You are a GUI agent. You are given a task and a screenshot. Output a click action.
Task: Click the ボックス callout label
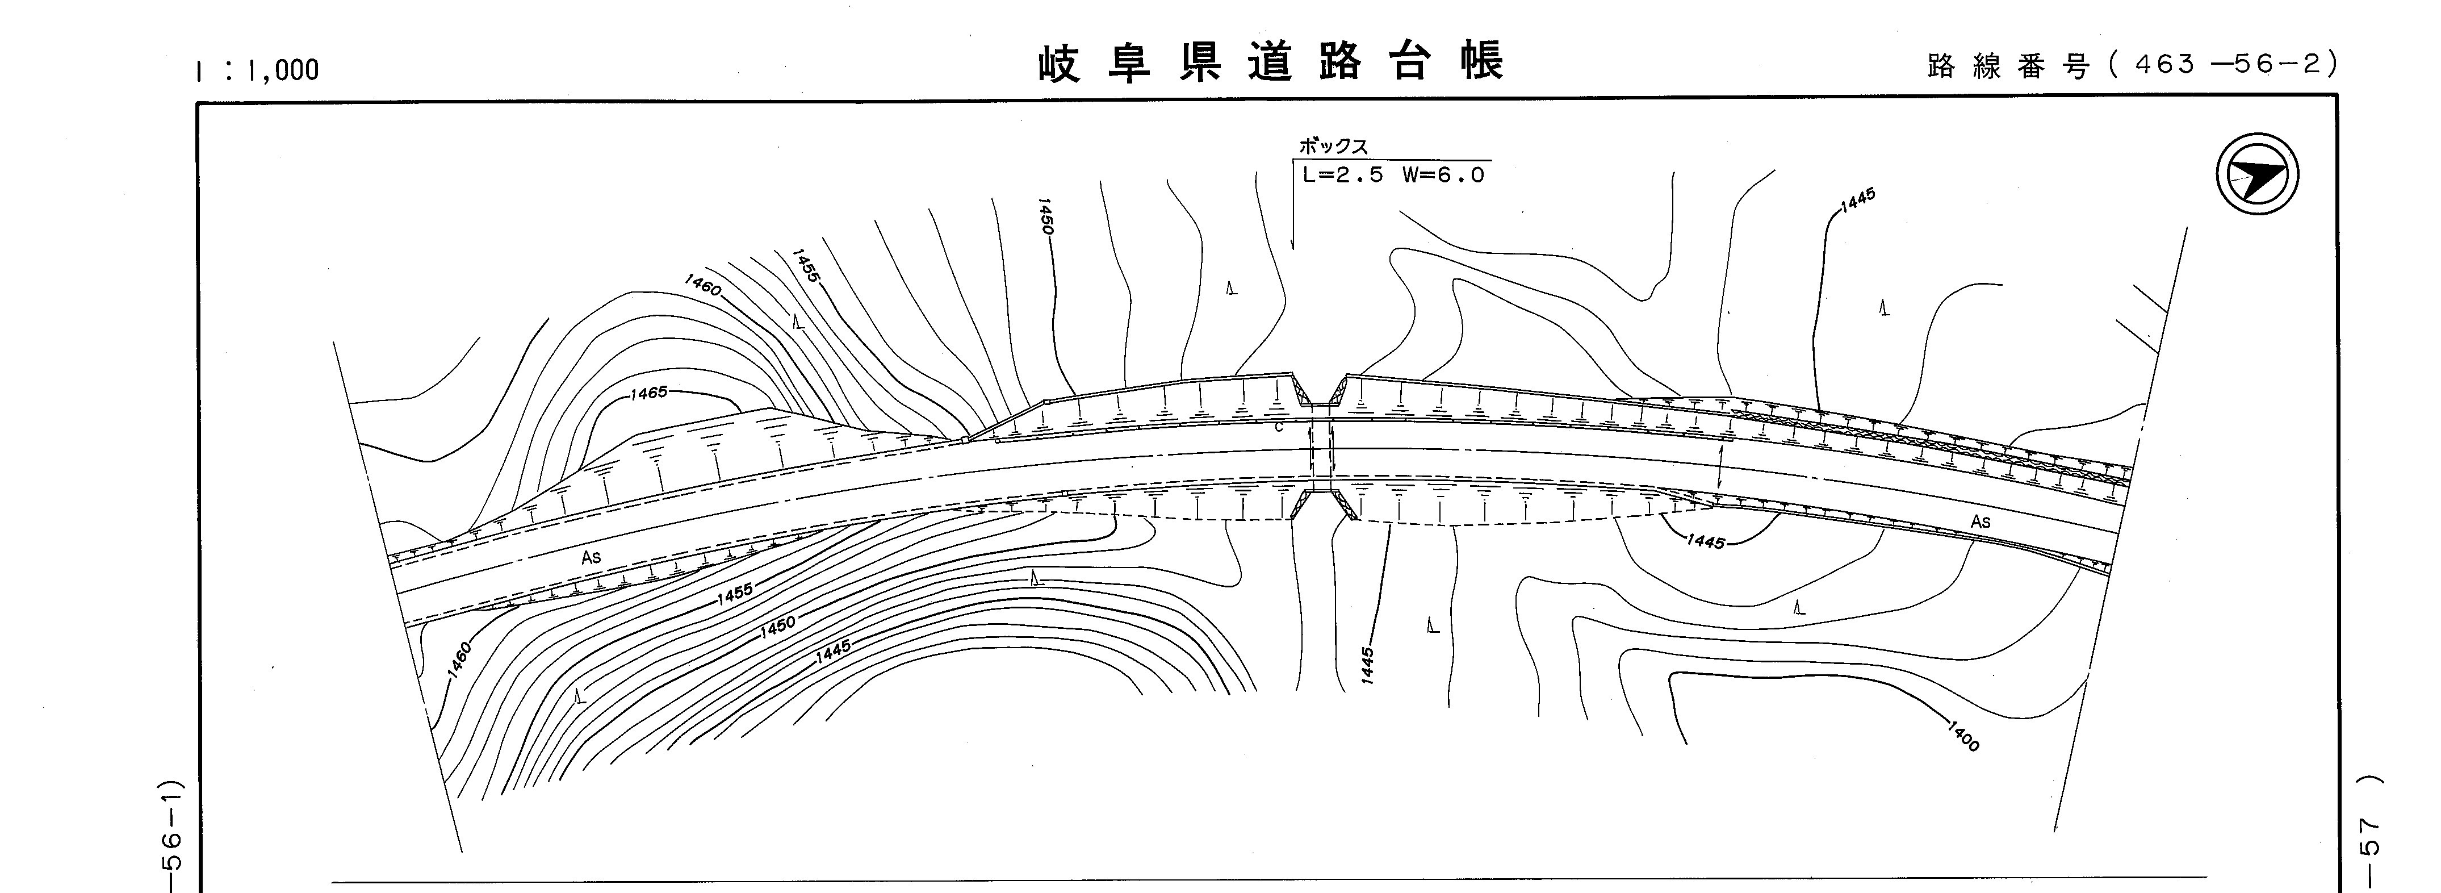pos(1332,147)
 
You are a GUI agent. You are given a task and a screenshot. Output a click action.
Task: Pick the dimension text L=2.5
pos(1343,176)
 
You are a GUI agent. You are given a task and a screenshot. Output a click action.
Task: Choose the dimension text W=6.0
pos(1443,176)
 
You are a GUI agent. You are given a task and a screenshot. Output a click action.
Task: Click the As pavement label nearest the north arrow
pos(1981,521)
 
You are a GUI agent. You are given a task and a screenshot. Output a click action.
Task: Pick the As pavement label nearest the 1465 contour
pos(591,557)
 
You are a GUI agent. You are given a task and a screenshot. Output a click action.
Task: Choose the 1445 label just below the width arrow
pos(1706,543)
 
